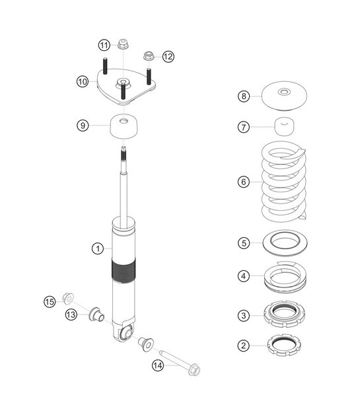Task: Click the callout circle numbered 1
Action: (x=97, y=248)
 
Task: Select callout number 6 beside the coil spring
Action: (x=244, y=180)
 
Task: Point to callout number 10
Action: (x=82, y=81)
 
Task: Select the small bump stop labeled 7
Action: (x=285, y=126)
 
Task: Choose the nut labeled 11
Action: (x=124, y=46)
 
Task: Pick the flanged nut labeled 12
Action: (x=149, y=56)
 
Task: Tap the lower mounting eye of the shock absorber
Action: (x=126, y=331)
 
